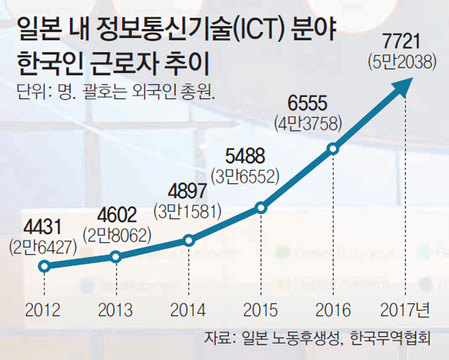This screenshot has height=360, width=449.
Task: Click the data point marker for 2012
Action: pos(43,266)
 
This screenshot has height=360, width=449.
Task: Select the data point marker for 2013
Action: pos(116,257)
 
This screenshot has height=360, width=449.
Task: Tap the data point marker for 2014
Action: pos(188,240)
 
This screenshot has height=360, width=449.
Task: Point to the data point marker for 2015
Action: pos(261,207)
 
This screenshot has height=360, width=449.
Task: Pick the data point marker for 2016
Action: pos(333,149)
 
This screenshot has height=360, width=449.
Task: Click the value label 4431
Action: pos(43,228)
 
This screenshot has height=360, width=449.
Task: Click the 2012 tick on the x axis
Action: pos(43,310)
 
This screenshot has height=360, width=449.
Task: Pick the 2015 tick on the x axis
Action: pos(261,310)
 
